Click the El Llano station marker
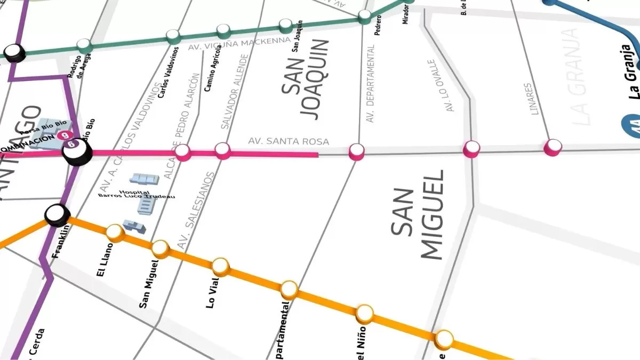coord(115,232)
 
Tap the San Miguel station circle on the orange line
coord(160,248)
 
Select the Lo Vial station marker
coord(221,266)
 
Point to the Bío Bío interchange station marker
coord(77,152)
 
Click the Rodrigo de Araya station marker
coord(84,45)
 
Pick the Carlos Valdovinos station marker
coord(173,36)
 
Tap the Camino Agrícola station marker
coord(224,31)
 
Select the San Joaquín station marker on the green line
coord(286,25)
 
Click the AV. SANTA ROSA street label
coord(289,141)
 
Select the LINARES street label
coord(528,99)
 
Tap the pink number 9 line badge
coord(66,135)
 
